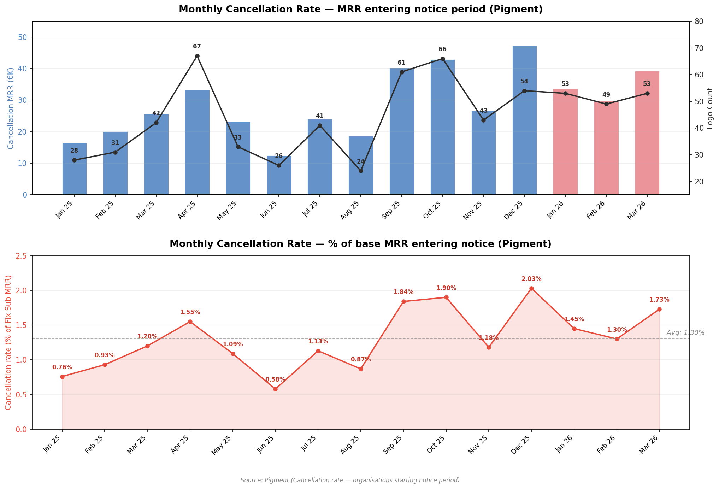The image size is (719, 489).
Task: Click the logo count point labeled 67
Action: click(x=197, y=56)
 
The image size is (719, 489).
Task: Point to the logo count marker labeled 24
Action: click(x=361, y=171)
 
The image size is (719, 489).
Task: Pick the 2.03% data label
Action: click(x=531, y=279)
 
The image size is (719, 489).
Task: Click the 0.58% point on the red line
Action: click(x=275, y=389)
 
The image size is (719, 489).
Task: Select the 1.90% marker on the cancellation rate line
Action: click(x=446, y=297)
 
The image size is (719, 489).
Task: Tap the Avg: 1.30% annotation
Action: click(x=685, y=333)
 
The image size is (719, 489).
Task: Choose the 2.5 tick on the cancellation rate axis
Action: click(x=23, y=256)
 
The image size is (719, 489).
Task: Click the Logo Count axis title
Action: click(x=710, y=108)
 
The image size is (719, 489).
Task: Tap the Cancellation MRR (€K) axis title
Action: click(x=11, y=108)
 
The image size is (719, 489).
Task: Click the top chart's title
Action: click(x=360, y=10)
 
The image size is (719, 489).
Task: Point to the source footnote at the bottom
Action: click(x=350, y=480)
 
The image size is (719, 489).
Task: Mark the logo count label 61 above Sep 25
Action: click(x=401, y=63)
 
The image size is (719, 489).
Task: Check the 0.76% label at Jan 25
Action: click(x=62, y=367)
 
